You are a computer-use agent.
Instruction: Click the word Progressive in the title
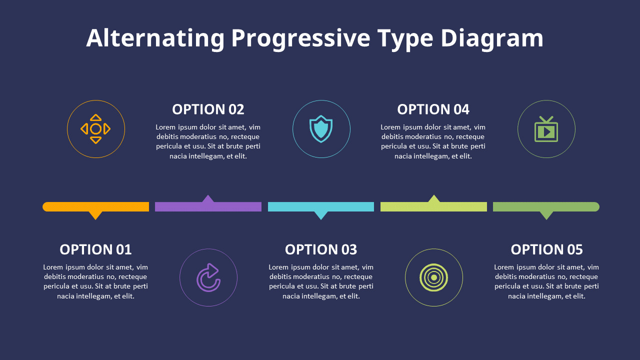[x=300, y=39]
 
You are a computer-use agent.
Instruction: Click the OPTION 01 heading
[x=95, y=249]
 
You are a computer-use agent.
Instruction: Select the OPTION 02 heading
[x=208, y=109]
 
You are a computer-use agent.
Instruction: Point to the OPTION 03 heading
[x=321, y=249]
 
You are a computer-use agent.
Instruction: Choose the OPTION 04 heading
[x=433, y=109]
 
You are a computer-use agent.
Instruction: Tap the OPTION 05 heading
[x=546, y=249]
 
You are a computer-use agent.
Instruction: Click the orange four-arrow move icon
[x=95, y=129]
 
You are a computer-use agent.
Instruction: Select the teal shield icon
[x=321, y=129]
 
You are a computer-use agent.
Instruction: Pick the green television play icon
[x=546, y=129]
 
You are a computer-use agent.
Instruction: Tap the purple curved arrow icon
[x=208, y=277]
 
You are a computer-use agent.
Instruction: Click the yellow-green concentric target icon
[x=433, y=277]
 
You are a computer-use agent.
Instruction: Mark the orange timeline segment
[x=96, y=206]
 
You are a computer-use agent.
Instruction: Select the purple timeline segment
[x=208, y=206]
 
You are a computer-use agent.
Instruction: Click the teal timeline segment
[x=321, y=206]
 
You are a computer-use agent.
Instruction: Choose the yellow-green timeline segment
[x=433, y=206]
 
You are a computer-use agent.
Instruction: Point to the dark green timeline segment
[x=546, y=206]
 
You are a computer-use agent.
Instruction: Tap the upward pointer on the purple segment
[x=208, y=199]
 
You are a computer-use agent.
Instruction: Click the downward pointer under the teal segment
[x=321, y=215]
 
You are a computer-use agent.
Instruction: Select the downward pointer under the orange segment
[x=95, y=215]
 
